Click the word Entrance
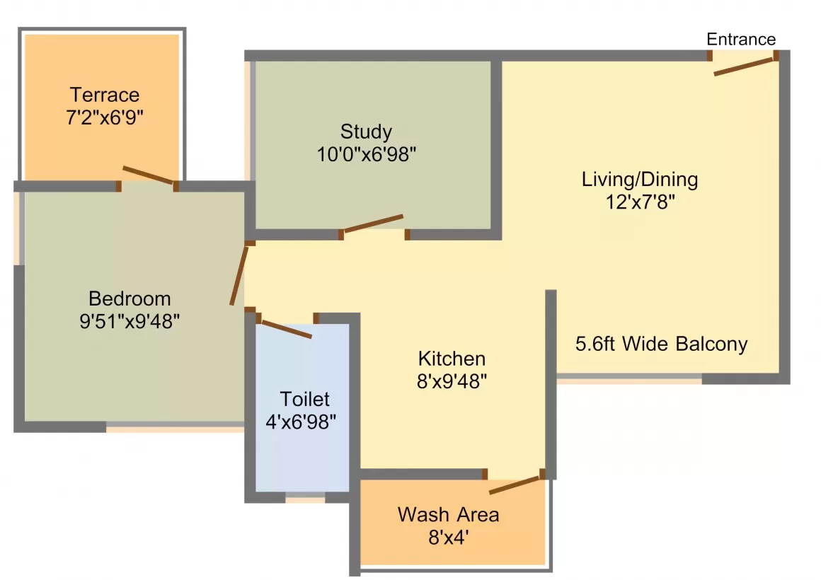pos(741,40)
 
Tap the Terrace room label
pos(105,95)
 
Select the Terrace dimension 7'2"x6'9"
pos(105,117)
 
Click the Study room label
pos(366,132)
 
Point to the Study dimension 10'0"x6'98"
pos(367,154)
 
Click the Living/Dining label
pos(640,180)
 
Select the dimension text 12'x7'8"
pos(641,202)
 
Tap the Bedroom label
pos(130,299)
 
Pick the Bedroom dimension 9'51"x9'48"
pos(130,321)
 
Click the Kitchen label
pos(452,359)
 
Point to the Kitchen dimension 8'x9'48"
pos(452,382)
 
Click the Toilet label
pos(305,400)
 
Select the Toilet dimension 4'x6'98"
pos(301,422)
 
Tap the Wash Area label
pos(448,514)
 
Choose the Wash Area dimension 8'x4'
pos(448,538)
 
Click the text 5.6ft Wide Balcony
pos(661,344)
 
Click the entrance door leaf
pos(744,66)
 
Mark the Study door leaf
pos(372,224)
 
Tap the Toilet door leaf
pos(287,330)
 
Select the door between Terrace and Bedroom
pos(148,175)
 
